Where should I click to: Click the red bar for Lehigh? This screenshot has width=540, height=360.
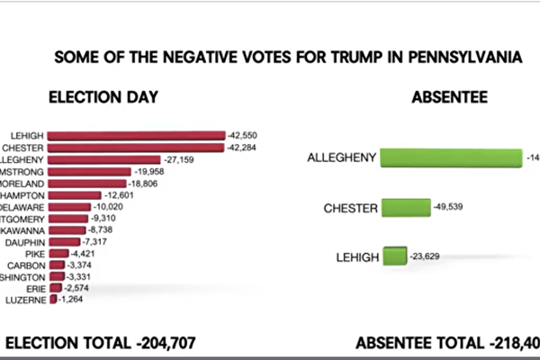pyautogui.click(x=143, y=135)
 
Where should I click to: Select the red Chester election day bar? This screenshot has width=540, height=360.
pyautogui.click(x=142, y=148)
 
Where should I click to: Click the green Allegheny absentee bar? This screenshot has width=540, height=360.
pyautogui.click(x=451, y=157)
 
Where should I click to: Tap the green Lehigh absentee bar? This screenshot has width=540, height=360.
pyautogui.click(x=394, y=256)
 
